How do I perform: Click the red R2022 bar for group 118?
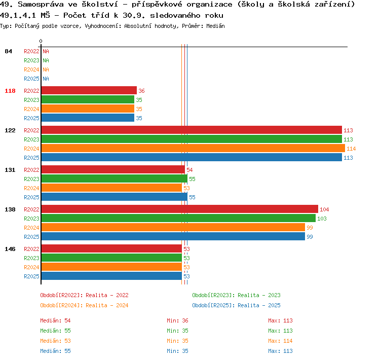coord(89,90)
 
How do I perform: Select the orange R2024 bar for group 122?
coord(193,148)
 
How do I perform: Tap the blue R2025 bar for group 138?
coord(173,236)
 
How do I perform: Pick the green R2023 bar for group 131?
coord(115,179)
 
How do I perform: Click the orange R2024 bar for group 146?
coord(111,267)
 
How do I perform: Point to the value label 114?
coord(351,149)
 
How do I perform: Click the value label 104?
coord(324,209)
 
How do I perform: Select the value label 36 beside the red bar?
coord(141,91)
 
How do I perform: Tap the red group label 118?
coord(10,91)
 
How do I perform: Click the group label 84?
coord(8,51)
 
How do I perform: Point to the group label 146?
coord(10,249)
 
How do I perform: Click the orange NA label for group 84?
coord(46,69)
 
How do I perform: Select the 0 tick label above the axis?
coord(41,41)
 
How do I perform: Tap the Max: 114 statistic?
coord(280,341)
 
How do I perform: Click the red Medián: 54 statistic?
coord(56,320)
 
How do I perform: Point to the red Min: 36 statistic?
coord(178,320)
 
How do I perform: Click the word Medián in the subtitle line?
coord(215,26)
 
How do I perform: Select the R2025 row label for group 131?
coord(31,197)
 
